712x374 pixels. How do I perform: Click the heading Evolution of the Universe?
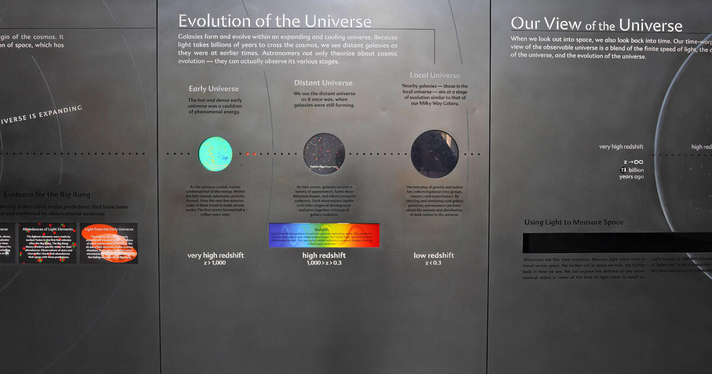tap(275, 21)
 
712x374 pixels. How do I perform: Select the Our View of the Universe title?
tap(596, 24)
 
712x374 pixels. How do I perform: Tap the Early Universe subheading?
tap(214, 89)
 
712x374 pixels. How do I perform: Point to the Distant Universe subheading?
tap(323, 83)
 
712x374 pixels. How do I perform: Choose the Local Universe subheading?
tap(435, 75)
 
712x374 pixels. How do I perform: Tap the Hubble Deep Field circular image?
tap(324, 153)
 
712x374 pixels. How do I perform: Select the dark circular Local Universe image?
tap(435, 154)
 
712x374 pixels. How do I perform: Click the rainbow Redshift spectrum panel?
tap(324, 235)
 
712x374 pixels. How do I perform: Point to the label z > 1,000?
tap(215, 262)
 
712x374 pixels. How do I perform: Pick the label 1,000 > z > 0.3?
tap(324, 262)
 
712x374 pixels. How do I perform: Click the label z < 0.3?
tap(434, 262)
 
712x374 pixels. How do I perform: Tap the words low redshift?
tap(434, 255)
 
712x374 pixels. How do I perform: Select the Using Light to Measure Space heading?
tap(574, 222)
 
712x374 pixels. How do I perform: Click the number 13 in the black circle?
tap(624, 170)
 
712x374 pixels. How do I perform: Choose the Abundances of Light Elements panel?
tap(48, 243)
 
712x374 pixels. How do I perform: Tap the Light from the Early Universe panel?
tap(109, 243)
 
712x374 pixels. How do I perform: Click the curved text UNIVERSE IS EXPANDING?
tap(42, 115)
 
